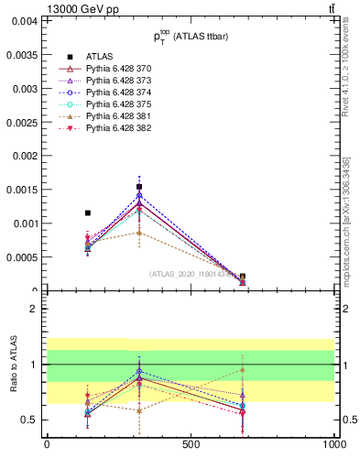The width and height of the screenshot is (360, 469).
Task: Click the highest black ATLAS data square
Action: (139, 187)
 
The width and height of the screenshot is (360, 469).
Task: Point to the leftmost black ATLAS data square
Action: (88, 213)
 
